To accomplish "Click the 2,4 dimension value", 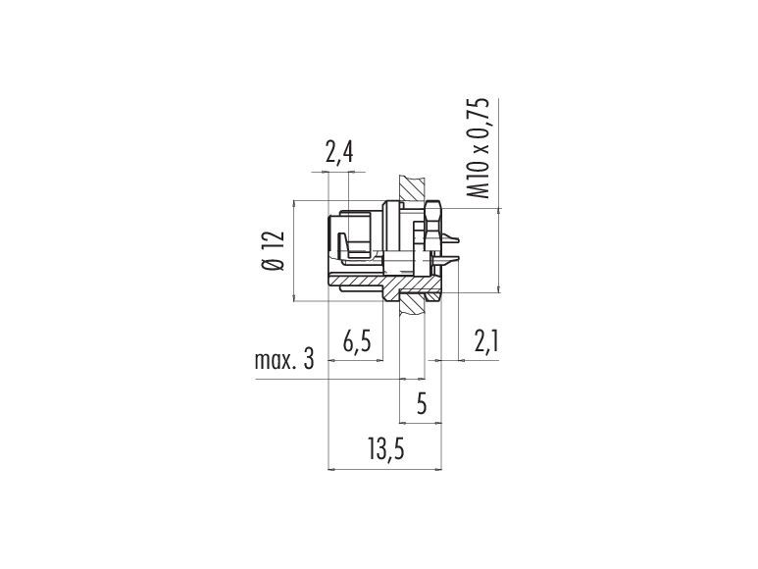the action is [x=339, y=153].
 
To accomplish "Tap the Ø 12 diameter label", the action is [x=274, y=250].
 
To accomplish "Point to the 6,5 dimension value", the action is [x=357, y=342].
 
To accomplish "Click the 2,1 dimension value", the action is [x=485, y=342].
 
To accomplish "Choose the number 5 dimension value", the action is [x=422, y=403].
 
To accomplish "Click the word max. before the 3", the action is [x=274, y=361].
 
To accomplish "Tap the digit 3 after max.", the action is [x=309, y=360].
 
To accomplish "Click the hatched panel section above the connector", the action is [x=413, y=189].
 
